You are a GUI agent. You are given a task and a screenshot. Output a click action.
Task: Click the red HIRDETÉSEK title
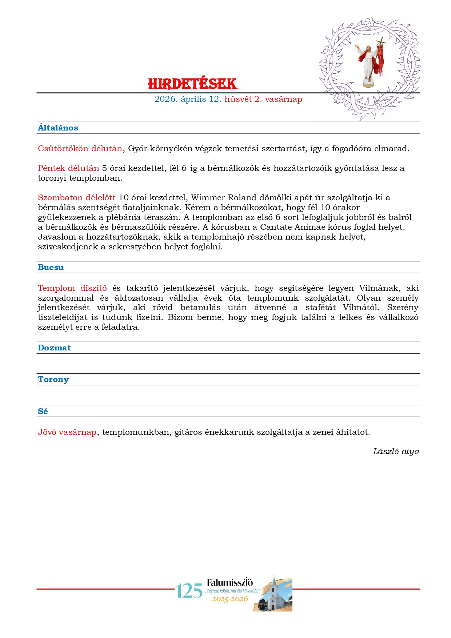[x=192, y=84]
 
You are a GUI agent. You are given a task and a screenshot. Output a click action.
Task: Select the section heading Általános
[x=58, y=128]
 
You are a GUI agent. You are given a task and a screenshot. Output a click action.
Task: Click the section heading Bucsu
[x=51, y=268]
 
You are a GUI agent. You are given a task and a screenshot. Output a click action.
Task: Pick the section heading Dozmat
[x=54, y=348]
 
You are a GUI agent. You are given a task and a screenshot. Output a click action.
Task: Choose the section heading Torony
[x=53, y=380]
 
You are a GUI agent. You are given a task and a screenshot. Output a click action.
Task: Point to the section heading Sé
[x=43, y=412]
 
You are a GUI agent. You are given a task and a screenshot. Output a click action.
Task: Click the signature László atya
[x=396, y=452]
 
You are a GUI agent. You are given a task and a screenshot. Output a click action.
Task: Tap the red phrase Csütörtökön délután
[x=80, y=149]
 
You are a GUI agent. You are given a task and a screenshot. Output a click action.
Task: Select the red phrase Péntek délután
[x=68, y=168]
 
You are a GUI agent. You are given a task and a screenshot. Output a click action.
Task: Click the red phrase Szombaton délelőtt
[x=76, y=198]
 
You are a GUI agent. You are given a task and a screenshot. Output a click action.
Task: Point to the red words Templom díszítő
[x=72, y=288]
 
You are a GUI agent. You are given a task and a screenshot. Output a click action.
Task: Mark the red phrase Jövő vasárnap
[x=67, y=432]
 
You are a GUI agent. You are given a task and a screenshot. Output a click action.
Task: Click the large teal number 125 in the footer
[x=189, y=591]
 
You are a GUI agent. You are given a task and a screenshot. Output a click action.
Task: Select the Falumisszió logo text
[x=230, y=582]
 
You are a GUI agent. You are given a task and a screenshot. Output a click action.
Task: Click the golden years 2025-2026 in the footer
[x=230, y=599]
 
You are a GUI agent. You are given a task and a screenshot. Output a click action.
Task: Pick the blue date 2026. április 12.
[x=188, y=99]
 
